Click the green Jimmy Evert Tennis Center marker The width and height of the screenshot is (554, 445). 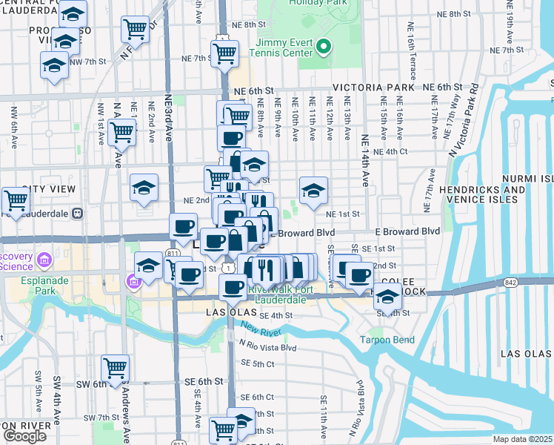click(323, 48)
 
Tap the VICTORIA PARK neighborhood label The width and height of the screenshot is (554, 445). click(373, 88)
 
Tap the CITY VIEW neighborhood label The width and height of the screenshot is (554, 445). click(48, 190)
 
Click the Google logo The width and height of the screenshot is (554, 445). click(24, 435)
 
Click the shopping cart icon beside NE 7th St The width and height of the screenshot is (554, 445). click(224, 53)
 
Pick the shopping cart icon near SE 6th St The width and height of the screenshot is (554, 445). click(115, 367)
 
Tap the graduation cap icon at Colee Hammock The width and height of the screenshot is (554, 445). click(386, 298)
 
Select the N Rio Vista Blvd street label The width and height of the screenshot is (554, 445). click(267, 346)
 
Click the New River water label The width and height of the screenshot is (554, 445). click(259, 331)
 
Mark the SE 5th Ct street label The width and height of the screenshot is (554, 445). click(258, 363)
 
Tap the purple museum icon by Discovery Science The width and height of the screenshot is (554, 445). click(44, 260)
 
